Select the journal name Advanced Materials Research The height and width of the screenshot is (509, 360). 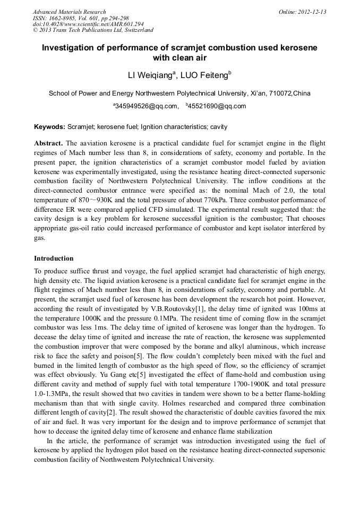pyautogui.click(x=69, y=12)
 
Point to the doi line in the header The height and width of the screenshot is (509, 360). pyautogui.click(x=88, y=24)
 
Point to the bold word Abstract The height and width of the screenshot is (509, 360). pyautogui.click(x=48, y=144)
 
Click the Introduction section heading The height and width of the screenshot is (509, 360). pyautogui.click(x=54, y=258)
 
